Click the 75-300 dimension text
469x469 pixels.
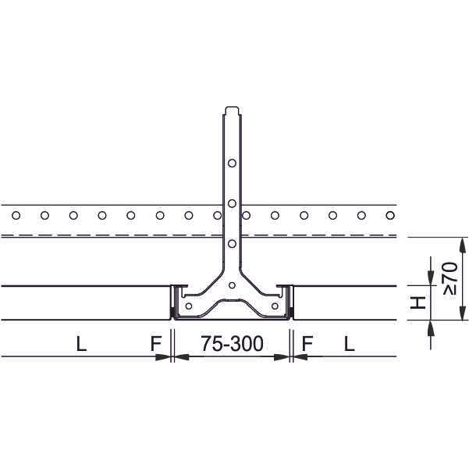pyautogui.click(x=232, y=344)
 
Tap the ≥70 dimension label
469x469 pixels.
pyautogui.click(x=450, y=278)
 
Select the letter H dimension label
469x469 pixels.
pyautogui.click(x=417, y=303)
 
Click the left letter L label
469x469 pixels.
pyautogui.click(x=81, y=344)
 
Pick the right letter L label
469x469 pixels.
pyautogui.click(x=350, y=344)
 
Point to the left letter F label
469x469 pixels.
pyautogui.click(x=156, y=344)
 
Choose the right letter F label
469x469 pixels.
pyautogui.click(x=307, y=344)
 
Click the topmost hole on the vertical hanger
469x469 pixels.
pyautogui.click(x=232, y=163)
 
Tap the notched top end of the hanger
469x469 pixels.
pyautogui.click(x=232, y=110)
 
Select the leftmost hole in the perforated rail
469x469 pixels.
pyautogui.click(x=16, y=215)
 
